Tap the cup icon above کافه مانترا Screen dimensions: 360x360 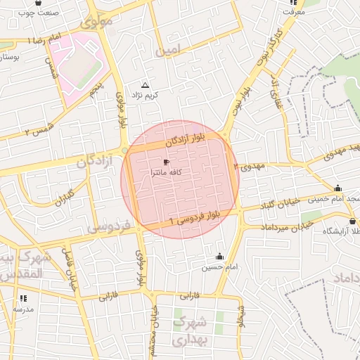(166, 162)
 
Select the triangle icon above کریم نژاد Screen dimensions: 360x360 (146, 84)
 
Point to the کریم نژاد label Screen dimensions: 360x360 (148, 94)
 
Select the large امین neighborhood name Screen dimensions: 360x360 (169, 50)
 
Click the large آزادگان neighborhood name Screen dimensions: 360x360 (90, 162)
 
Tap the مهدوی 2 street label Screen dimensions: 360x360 (249, 167)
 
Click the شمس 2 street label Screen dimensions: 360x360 (37, 131)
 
